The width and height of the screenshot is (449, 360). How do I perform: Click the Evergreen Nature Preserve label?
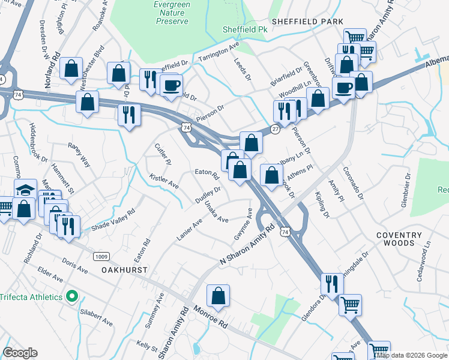pyautogui.click(x=172, y=13)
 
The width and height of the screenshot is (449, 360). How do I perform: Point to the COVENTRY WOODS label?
pyautogui.click(x=396, y=239)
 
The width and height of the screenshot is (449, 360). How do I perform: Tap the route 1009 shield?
pyautogui.click(x=101, y=257)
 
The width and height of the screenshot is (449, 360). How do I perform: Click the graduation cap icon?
pyautogui.click(x=25, y=190)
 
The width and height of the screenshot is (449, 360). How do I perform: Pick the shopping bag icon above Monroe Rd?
pyautogui.click(x=218, y=296)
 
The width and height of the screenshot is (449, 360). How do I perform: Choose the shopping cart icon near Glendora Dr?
pyautogui.click(x=350, y=304)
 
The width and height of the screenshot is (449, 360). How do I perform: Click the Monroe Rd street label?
pyautogui.click(x=211, y=316)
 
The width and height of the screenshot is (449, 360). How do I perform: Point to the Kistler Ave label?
pyautogui.click(x=164, y=179)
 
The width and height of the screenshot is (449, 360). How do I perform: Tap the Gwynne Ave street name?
pyautogui.click(x=243, y=225)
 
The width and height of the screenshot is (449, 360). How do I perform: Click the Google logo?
pyautogui.click(x=20, y=353)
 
